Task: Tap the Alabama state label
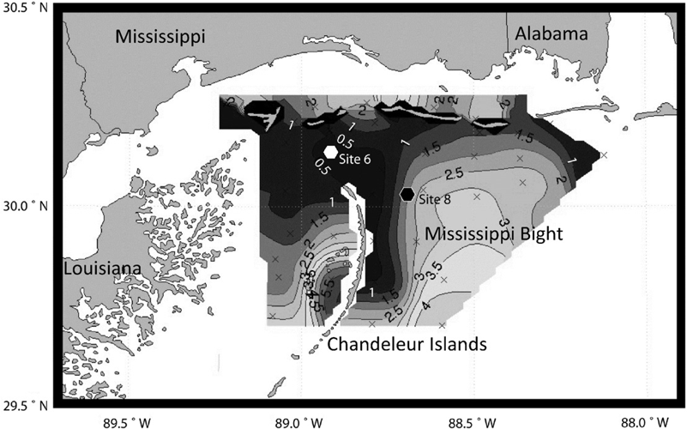coord(551,34)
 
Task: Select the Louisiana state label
coord(100,269)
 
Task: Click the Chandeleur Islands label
coord(407,345)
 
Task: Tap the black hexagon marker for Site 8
coord(408,195)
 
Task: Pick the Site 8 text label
coord(435,199)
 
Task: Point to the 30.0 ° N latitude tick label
coord(27,206)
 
